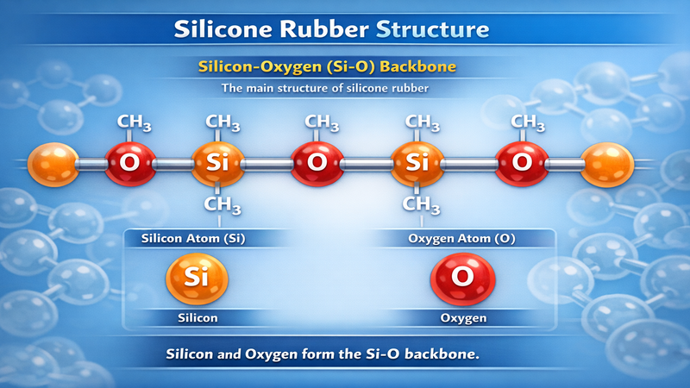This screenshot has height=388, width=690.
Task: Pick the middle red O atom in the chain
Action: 317,161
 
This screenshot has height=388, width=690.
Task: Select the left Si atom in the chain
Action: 217,161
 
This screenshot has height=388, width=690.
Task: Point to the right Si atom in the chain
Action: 417,161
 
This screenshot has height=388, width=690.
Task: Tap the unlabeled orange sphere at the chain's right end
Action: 607,161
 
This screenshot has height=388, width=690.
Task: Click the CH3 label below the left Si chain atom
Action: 222,205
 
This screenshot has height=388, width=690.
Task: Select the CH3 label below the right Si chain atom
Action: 421,205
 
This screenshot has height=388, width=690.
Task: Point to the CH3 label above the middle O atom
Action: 322,122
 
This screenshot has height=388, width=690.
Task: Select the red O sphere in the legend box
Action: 462,278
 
